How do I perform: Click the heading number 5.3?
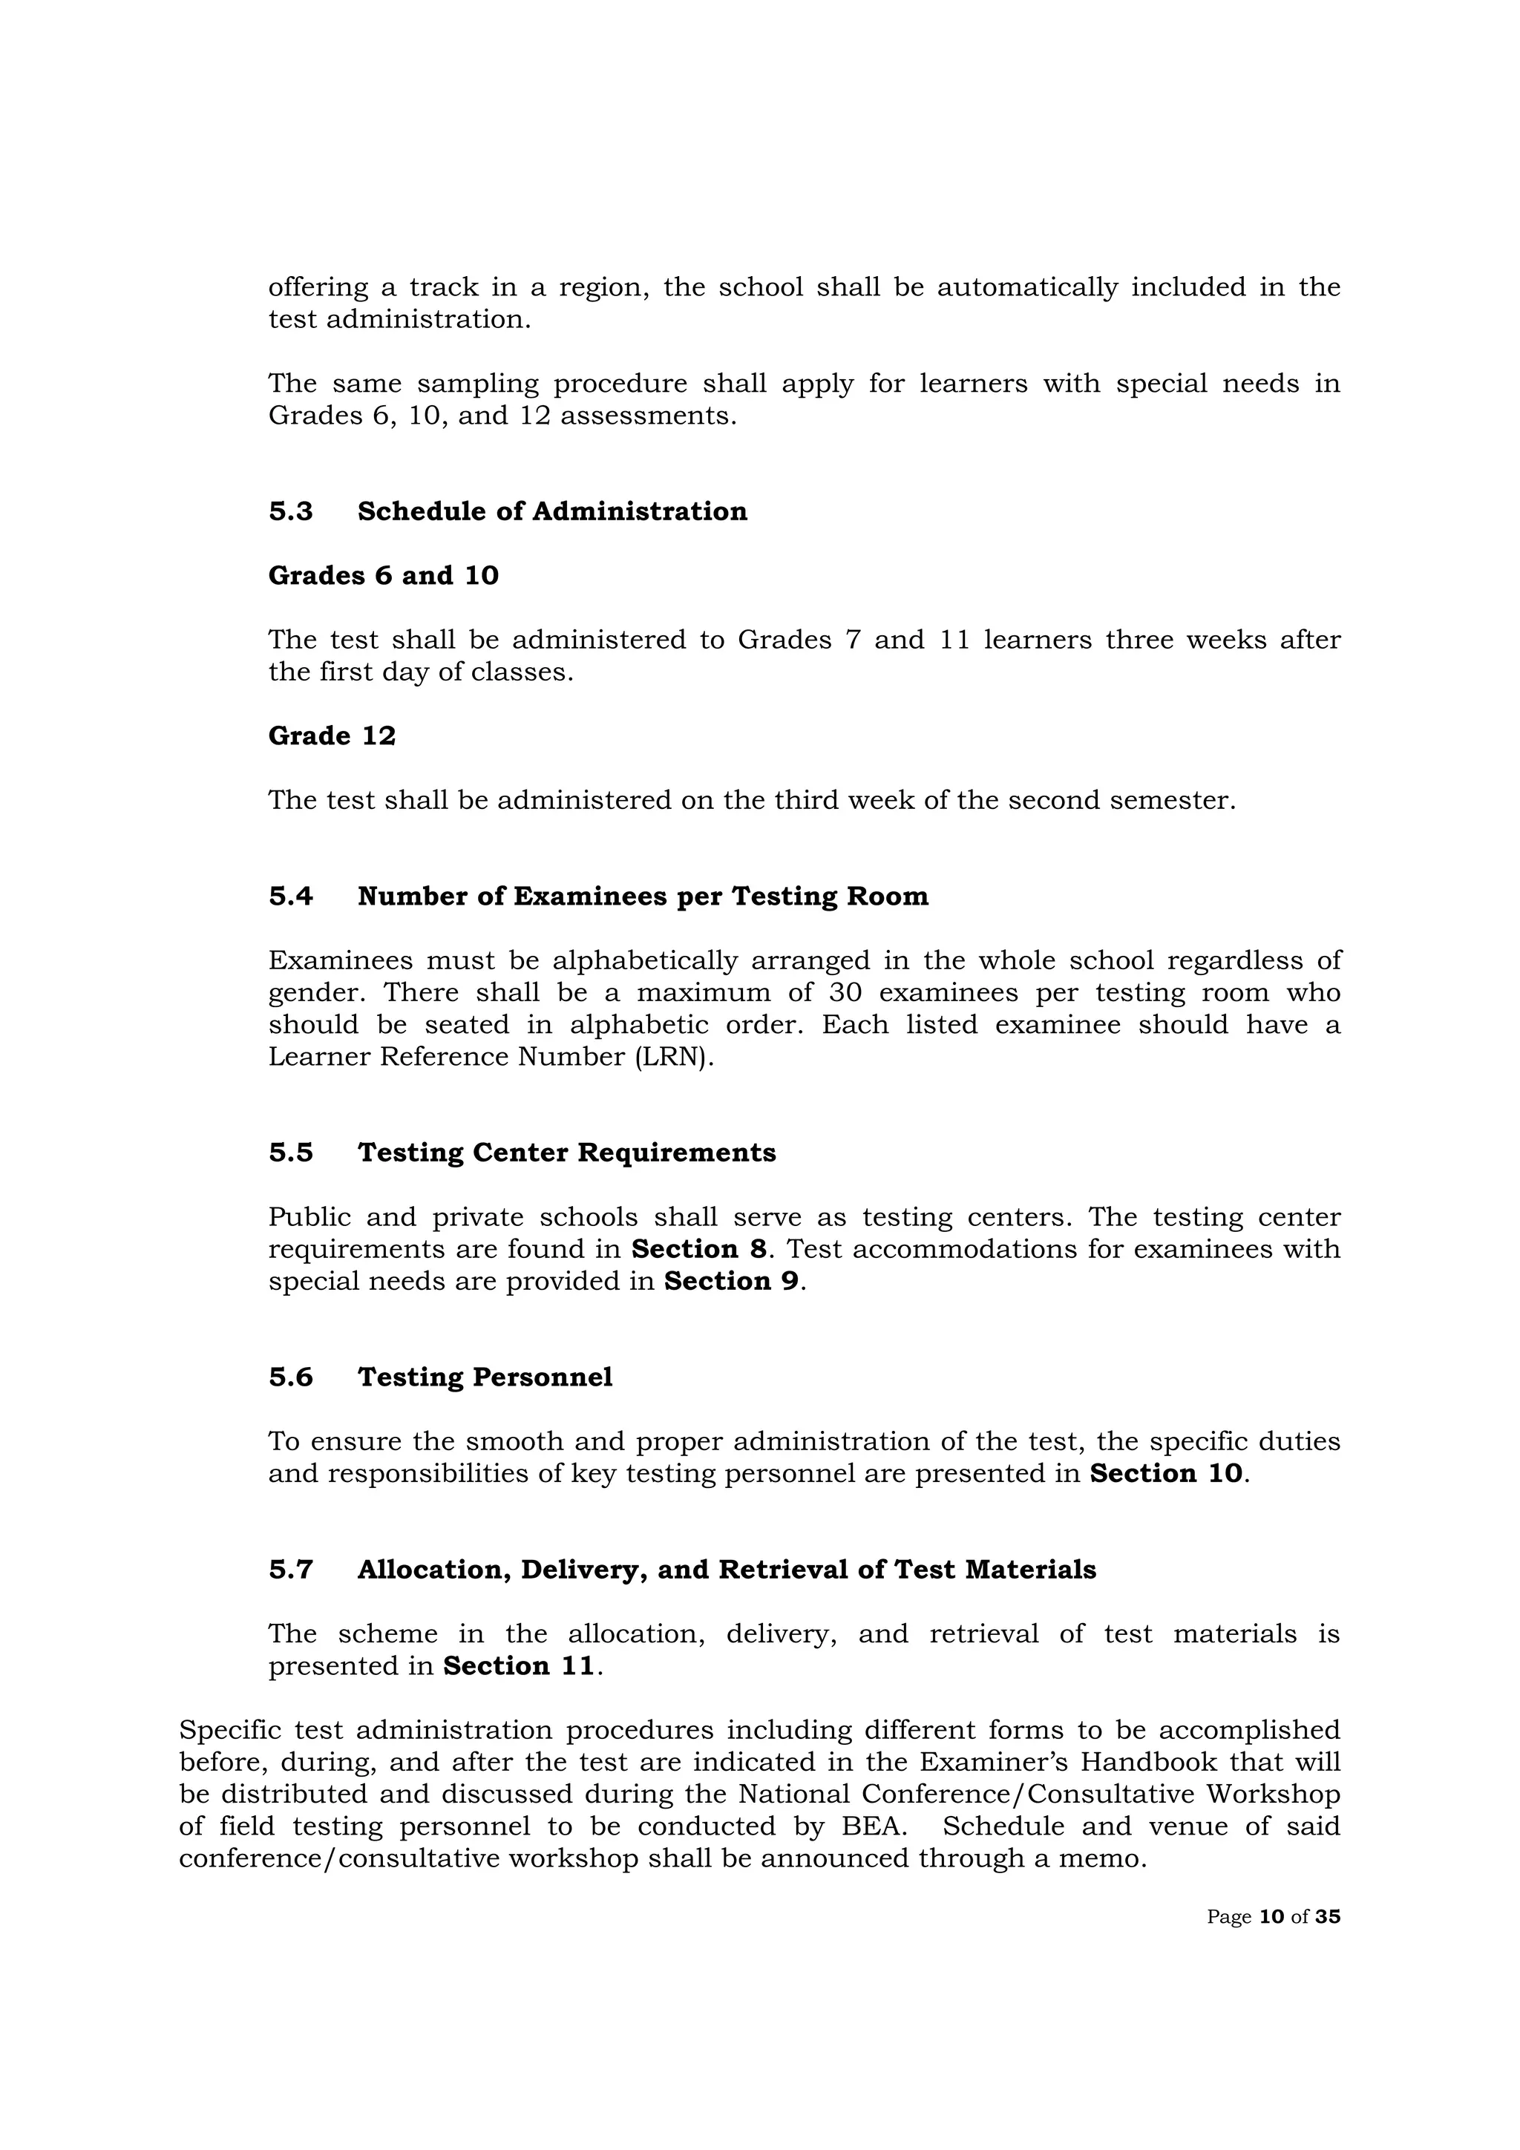[x=290, y=511]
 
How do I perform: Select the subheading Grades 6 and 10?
[x=383, y=576]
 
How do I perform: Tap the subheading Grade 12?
[x=332, y=736]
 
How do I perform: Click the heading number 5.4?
[x=290, y=897]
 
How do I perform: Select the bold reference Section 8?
[x=698, y=1249]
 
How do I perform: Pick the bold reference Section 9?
[x=732, y=1281]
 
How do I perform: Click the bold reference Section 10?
[x=1165, y=1474]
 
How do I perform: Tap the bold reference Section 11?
[x=519, y=1666]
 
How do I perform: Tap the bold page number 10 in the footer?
[x=1272, y=1917]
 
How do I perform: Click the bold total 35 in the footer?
[x=1327, y=1917]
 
